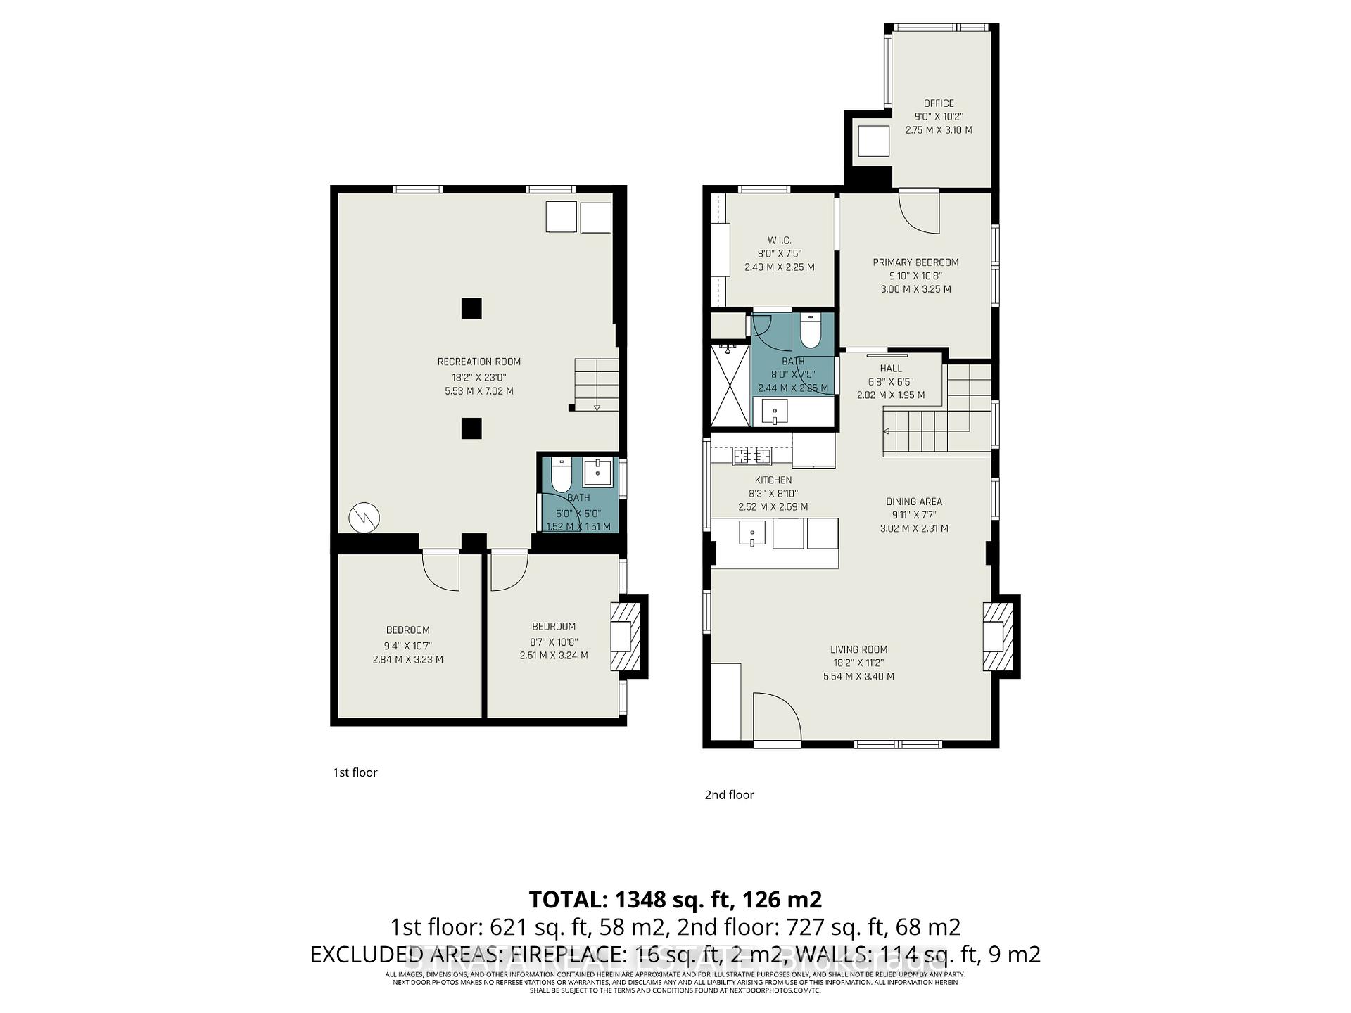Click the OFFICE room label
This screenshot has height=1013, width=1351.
tap(939, 103)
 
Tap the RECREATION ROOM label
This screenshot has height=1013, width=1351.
tap(478, 362)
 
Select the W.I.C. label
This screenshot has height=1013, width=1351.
tap(779, 241)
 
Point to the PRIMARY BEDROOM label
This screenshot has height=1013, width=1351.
tap(915, 262)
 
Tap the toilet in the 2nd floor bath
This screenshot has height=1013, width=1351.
tap(811, 332)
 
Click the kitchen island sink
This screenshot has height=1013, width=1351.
tap(752, 533)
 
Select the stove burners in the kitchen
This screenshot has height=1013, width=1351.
tap(752, 457)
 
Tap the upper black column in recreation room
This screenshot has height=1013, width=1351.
tap(471, 309)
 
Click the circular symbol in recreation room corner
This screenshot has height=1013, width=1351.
tap(364, 518)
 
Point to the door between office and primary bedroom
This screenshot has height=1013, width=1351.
tap(920, 212)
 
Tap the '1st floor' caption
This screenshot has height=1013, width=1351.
tap(355, 772)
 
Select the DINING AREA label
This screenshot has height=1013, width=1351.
tap(913, 502)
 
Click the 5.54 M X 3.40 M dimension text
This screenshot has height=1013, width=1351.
tap(858, 676)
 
